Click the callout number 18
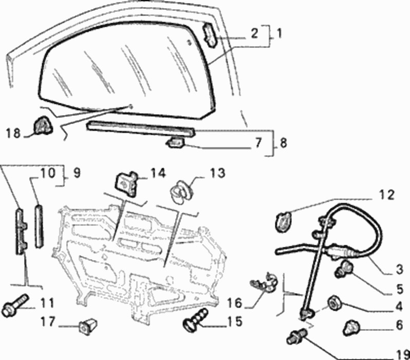(x=13, y=134)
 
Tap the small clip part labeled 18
(x=42, y=127)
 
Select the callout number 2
(x=254, y=34)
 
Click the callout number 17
(x=48, y=323)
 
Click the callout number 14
(x=158, y=173)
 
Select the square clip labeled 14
(x=125, y=182)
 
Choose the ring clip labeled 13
(x=180, y=190)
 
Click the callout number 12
(x=387, y=195)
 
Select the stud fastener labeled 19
(x=297, y=335)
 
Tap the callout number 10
(x=47, y=174)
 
